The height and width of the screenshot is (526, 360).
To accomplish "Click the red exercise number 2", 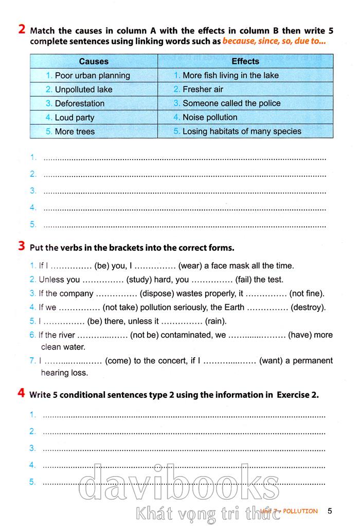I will (22, 30).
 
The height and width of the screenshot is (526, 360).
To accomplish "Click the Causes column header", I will (94, 61).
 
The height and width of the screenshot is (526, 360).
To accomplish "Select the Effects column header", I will (245, 61).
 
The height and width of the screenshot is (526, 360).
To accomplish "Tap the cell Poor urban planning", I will (92, 75).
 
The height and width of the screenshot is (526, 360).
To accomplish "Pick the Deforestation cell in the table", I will (79, 103).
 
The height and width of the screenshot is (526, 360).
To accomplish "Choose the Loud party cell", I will (75, 117).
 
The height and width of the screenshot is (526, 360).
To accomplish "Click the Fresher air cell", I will (203, 89).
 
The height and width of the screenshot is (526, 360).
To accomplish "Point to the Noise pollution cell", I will (210, 117).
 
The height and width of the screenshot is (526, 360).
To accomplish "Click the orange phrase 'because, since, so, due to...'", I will (277, 41).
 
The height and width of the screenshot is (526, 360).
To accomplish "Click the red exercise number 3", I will (22, 247).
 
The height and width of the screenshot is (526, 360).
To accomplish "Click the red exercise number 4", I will (22, 394).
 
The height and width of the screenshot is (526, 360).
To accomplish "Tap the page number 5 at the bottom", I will (330, 511).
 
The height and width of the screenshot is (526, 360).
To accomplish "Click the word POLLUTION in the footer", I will (300, 511).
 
